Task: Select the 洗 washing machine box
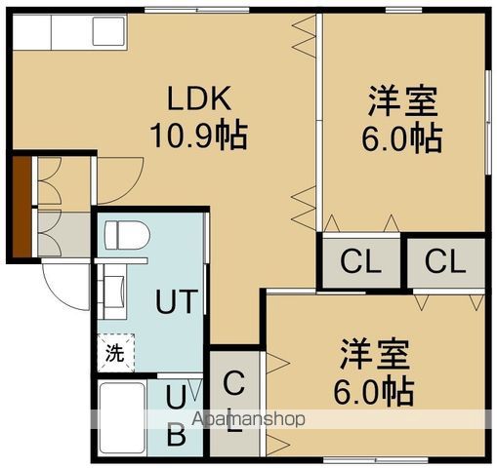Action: [114, 352]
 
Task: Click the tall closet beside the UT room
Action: [234, 401]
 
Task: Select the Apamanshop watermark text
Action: [250, 419]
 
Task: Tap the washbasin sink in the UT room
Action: [114, 290]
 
